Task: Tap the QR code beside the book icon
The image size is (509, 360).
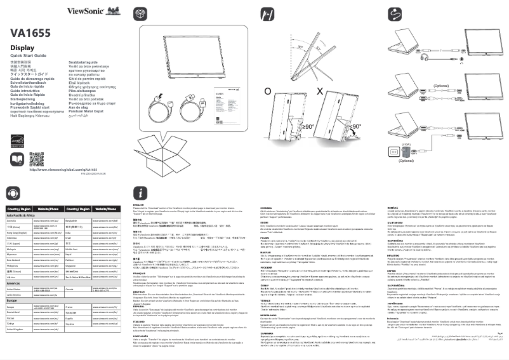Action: point(37,158)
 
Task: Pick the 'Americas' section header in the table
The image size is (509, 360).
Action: point(17,283)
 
